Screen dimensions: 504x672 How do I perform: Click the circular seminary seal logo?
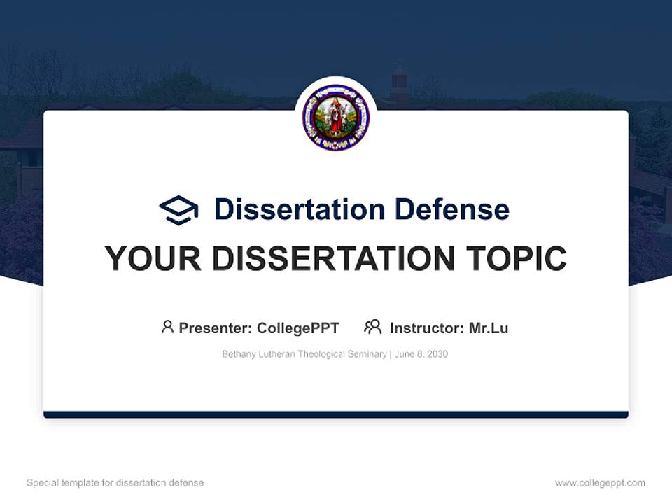(x=336, y=118)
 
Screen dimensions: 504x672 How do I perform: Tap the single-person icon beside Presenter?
(x=167, y=327)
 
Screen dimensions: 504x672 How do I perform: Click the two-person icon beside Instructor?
(x=372, y=327)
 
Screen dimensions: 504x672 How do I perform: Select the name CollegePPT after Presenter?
(x=298, y=328)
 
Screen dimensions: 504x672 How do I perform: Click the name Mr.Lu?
(x=488, y=328)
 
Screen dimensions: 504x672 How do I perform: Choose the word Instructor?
(x=426, y=328)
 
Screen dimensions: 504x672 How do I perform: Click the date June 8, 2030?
(x=421, y=354)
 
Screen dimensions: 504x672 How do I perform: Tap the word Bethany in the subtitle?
(x=238, y=354)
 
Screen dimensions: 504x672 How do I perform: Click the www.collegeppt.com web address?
(x=600, y=483)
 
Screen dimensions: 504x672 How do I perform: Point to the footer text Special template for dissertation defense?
(x=115, y=483)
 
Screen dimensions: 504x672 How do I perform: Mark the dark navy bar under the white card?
(x=336, y=414)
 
